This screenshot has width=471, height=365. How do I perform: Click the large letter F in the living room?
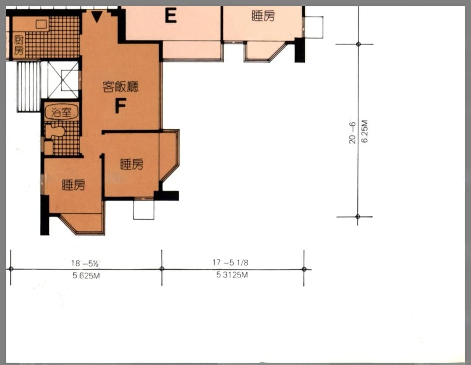(x=120, y=106)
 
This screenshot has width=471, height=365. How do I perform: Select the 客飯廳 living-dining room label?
(x=120, y=87)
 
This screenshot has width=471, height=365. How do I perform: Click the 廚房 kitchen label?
(x=19, y=45)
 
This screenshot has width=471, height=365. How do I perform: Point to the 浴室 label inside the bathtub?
(x=61, y=112)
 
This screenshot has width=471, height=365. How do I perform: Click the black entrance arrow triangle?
(x=97, y=17)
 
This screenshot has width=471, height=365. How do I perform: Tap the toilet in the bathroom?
(x=55, y=132)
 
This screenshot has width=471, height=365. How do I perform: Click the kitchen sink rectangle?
(x=41, y=24)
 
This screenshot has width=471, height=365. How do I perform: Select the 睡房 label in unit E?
(x=263, y=16)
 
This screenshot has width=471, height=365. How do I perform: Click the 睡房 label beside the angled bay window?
(x=132, y=164)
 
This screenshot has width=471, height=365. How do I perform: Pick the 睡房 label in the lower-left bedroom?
(x=74, y=184)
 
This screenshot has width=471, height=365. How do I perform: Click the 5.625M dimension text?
(x=86, y=275)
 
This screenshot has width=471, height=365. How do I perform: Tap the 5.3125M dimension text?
(x=232, y=275)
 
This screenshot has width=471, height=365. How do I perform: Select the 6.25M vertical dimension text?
(x=364, y=131)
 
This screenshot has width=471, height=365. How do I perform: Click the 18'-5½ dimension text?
(x=85, y=263)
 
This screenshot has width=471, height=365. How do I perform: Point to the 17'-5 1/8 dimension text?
(x=230, y=263)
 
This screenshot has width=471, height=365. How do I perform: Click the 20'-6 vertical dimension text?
(x=352, y=132)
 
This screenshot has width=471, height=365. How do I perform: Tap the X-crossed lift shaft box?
(x=63, y=80)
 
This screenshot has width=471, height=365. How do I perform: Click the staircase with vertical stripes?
(x=28, y=87)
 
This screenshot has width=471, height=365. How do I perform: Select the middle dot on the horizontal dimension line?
(x=162, y=269)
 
